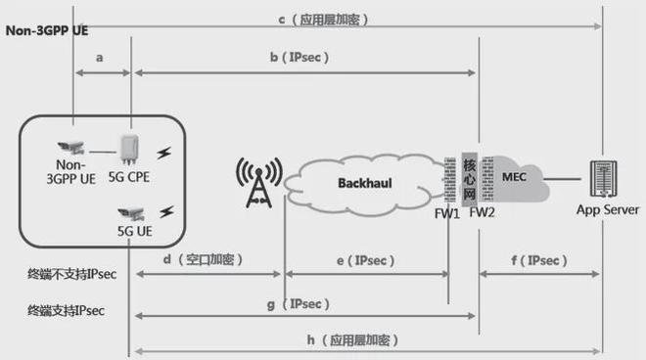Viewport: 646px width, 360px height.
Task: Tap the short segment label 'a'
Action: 101,58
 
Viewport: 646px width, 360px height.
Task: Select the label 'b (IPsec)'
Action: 299,58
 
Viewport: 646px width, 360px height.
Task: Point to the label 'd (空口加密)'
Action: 202,260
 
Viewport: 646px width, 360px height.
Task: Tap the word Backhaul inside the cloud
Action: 365,183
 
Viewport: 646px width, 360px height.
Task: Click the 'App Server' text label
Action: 607,209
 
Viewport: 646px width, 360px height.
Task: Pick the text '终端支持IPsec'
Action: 67,310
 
